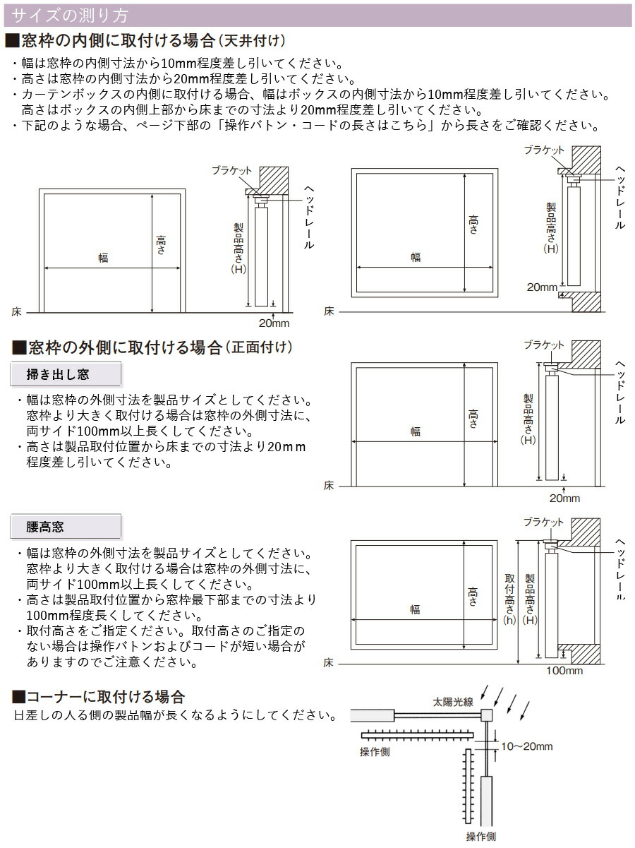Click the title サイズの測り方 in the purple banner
point(71,15)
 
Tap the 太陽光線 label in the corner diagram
point(453,703)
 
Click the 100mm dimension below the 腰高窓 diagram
point(564,671)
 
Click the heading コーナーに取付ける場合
point(99,697)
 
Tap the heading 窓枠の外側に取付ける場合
point(152,347)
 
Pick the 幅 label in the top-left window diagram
point(103,258)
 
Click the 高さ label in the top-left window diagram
point(161,245)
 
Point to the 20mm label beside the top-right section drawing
point(542,287)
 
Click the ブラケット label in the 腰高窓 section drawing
point(544,522)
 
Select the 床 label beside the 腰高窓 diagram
point(329,664)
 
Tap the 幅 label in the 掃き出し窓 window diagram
point(416,433)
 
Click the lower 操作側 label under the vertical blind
point(480,837)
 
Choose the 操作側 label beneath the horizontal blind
point(375,752)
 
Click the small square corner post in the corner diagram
point(487,715)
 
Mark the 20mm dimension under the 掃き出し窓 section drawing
point(564,498)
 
